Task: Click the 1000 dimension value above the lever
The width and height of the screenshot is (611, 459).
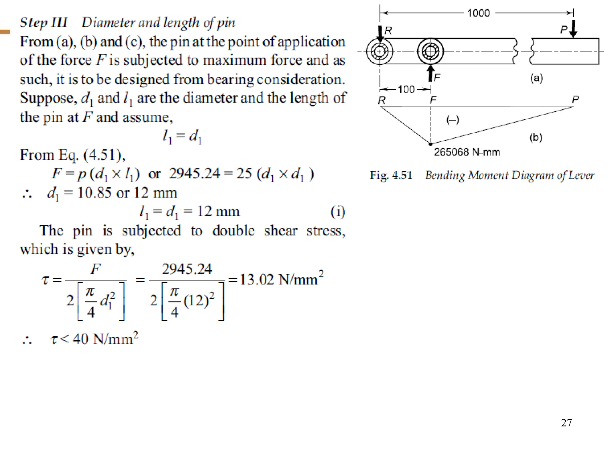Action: [478, 13]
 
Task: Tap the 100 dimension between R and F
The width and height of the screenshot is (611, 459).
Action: [406, 89]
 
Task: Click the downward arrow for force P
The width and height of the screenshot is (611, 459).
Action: [573, 29]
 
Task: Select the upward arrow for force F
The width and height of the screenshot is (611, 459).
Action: [431, 73]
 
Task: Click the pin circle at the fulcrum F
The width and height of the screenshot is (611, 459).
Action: [430, 51]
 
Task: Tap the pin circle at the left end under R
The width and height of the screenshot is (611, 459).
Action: [379, 51]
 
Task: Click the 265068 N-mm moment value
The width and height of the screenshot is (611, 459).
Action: [467, 152]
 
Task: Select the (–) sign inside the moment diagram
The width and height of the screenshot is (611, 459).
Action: [453, 120]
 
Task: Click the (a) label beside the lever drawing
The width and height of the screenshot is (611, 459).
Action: [536, 78]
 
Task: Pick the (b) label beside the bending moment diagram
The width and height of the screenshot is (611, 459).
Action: [536, 137]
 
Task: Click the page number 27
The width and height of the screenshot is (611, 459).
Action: [566, 423]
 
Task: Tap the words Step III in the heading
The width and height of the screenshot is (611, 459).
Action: [44, 23]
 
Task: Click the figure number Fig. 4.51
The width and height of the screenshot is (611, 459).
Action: [391, 175]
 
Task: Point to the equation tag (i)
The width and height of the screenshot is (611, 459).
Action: [338, 212]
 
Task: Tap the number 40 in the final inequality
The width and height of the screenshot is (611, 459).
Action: [80, 339]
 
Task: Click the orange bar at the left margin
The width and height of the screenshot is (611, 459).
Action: [5, 32]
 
